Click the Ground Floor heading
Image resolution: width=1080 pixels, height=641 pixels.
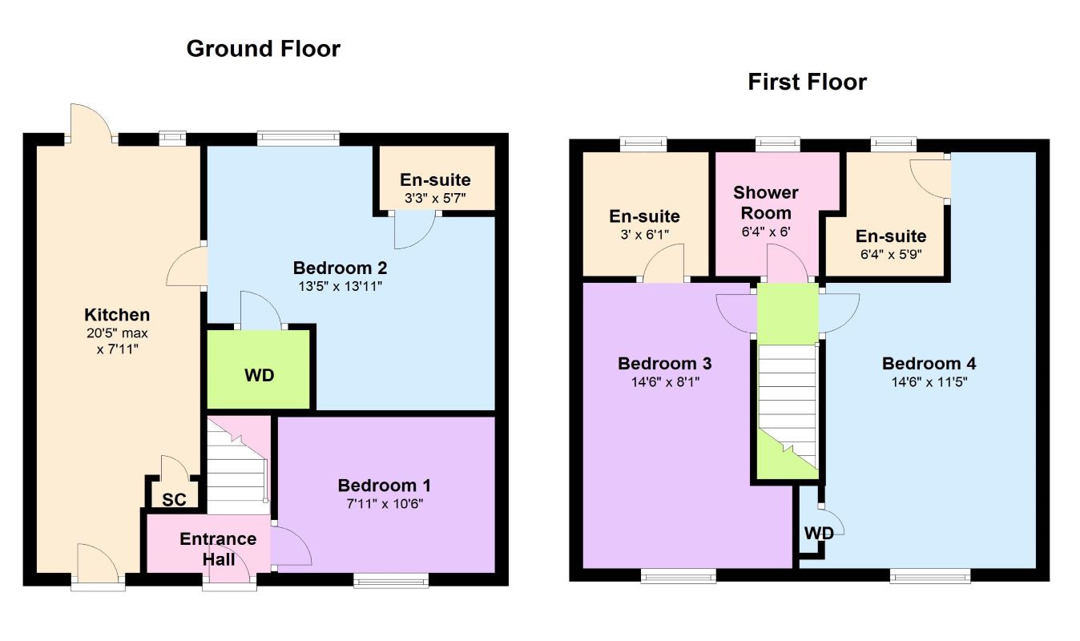click(x=264, y=49)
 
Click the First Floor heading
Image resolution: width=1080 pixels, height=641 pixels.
click(x=807, y=82)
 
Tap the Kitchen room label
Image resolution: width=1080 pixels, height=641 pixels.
click(x=117, y=315)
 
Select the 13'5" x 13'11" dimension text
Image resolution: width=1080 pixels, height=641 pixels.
click(x=340, y=287)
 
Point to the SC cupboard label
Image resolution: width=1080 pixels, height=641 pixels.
click(x=174, y=500)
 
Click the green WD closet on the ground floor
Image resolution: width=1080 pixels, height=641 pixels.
click(x=259, y=369)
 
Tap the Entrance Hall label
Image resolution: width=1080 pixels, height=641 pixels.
click(x=219, y=550)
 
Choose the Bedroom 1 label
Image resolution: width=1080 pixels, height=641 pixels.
click(x=385, y=486)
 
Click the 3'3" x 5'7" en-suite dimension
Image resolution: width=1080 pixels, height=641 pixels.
click(x=435, y=198)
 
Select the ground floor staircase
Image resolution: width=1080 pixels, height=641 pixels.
click(x=238, y=466)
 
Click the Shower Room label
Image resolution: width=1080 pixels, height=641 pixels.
click(x=766, y=203)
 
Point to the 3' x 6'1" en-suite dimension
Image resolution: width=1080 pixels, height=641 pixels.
click(x=645, y=235)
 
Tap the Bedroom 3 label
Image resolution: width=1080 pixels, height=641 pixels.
click(x=665, y=363)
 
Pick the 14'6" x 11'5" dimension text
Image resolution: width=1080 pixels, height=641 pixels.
click(x=929, y=382)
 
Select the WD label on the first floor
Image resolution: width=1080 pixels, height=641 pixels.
click(x=819, y=534)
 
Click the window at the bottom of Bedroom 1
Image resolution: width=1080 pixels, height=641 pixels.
click(x=391, y=581)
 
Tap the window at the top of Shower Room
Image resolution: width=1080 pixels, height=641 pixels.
click(x=778, y=144)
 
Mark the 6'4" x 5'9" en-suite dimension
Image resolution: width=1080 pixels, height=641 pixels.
click(x=891, y=254)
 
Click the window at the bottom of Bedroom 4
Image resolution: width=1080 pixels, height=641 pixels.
click(x=930, y=576)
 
